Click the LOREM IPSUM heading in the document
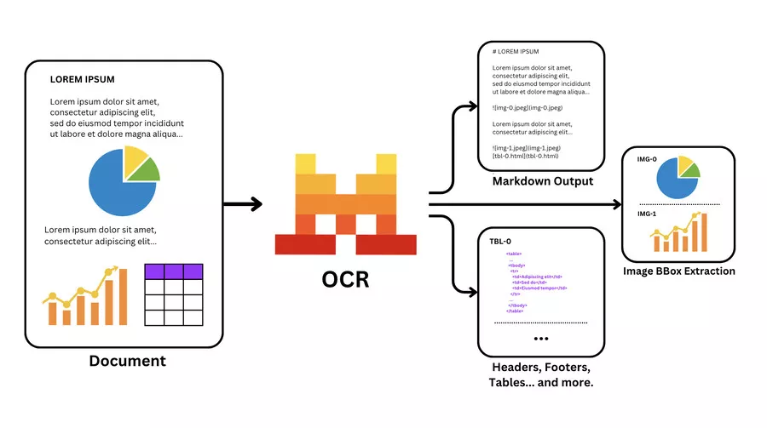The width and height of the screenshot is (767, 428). (x=82, y=80)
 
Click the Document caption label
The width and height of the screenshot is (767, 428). (x=127, y=361)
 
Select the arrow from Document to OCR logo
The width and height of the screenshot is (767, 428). (x=242, y=204)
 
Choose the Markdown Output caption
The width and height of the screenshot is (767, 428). (x=542, y=181)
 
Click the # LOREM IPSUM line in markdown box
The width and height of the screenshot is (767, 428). (x=518, y=52)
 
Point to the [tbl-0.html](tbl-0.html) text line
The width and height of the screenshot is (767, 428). (x=526, y=156)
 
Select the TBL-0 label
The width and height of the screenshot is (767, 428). (x=501, y=241)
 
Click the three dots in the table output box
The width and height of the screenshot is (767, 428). (x=541, y=339)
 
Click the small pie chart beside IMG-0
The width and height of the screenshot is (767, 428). (x=678, y=176)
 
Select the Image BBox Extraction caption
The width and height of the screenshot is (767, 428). (x=679, y=271)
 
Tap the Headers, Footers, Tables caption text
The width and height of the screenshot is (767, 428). (x=541, y=375)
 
